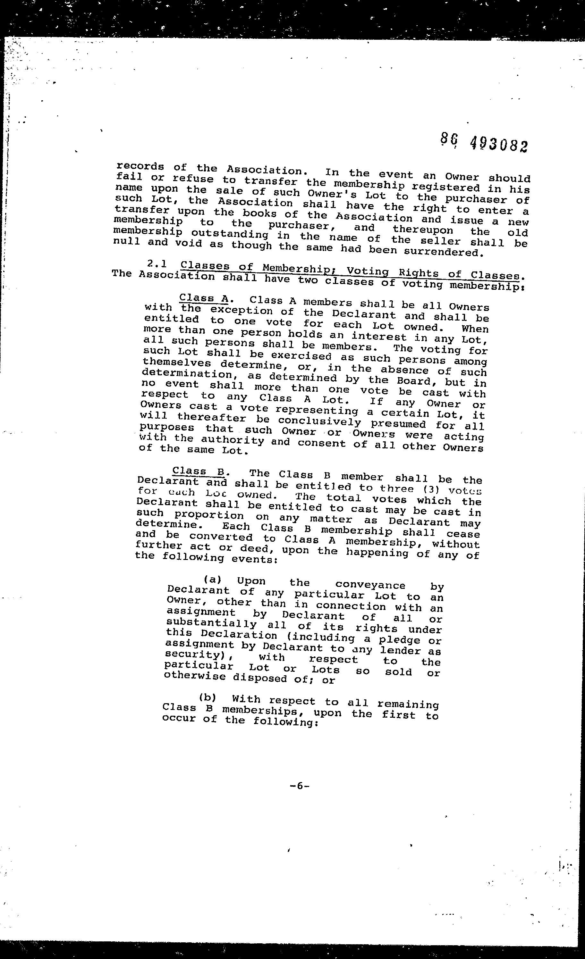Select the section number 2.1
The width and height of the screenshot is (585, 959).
[x=157, y=264]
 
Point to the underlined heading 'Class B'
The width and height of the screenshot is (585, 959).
[x=198, y=471]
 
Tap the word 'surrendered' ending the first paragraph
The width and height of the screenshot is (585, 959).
[x=443, y=252]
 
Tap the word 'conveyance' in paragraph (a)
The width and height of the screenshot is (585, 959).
[x=370, y=585]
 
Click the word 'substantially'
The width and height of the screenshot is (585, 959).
[x=211, y=624]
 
